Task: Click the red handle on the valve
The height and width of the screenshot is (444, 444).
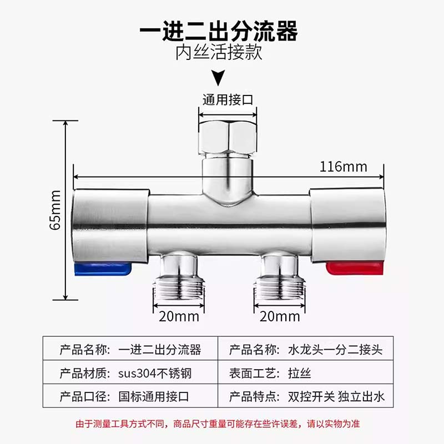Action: tap(354, 269)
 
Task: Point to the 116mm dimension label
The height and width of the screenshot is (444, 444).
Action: tap(344, 167)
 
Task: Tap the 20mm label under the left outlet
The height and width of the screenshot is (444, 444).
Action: tap(178, 317)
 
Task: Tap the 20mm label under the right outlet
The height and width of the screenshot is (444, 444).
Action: tap(280, 317)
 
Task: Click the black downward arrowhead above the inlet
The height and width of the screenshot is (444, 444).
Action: tap(220, 77)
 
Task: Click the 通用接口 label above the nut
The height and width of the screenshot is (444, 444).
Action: tap(228, 100)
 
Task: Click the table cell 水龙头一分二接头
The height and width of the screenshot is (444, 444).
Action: tap(335, 350)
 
